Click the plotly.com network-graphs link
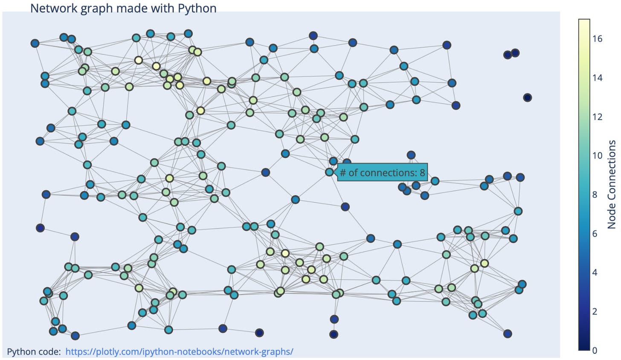(179, 351)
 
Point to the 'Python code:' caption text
(34, 351)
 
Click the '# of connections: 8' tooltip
(382, 172)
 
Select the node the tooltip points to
(329, 172)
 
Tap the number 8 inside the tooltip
(422, 172)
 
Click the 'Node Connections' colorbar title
(612, 184)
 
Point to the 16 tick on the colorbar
(597, 39)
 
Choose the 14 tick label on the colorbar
(597, 78)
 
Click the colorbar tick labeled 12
(597, 116)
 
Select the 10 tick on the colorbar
(597, 155)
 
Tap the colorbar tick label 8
(595, 195)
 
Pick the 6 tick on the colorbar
(595, 233)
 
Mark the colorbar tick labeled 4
(595, 272)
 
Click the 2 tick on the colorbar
(595, 311)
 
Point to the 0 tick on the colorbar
(595, 350)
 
